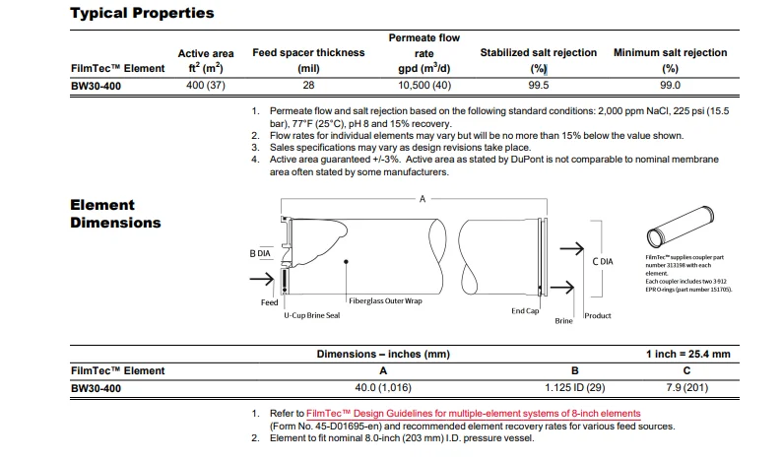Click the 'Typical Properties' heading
point(142,14)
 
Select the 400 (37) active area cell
point(206,86)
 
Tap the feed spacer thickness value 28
point(308,86)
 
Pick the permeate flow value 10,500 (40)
point(424,86)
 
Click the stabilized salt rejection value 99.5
point(538,86)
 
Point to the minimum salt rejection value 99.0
point(670,86)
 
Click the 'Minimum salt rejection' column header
point(670,52)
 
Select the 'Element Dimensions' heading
point(115,214)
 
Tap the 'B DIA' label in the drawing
point(259,253)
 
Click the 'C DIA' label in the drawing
point(603,261)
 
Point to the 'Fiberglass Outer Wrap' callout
point(384,300)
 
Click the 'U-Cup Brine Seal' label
point(311,314)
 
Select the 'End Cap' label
point(525,310)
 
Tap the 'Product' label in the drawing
point(598,315)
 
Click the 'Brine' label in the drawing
point(563,321)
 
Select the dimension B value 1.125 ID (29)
point(574,388)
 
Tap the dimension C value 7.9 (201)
point(685,388)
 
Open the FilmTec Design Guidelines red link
point(473,413)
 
